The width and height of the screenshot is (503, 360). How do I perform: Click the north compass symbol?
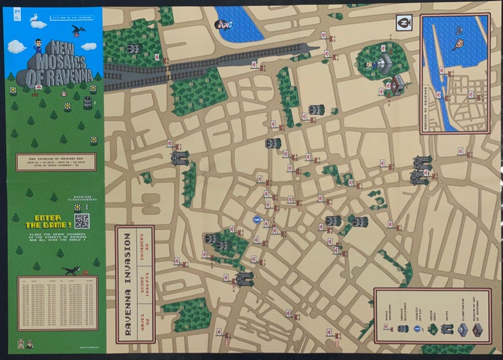tap(404, 22)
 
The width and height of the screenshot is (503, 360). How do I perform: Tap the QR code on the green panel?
tap(81, 221)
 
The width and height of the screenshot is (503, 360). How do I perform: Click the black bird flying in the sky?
tap(79, 30)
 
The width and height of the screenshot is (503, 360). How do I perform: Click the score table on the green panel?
tap(57, 302)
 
